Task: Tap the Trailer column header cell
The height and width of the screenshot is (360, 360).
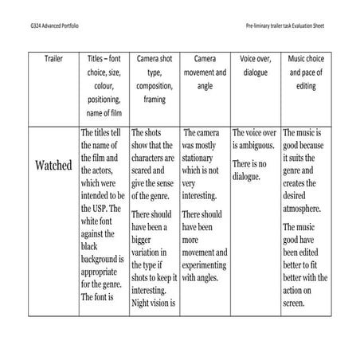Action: [x=53, y=58]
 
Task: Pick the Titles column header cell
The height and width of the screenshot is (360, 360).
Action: [x=104, y=85]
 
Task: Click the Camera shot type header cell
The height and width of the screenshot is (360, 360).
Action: [x=155, y=79]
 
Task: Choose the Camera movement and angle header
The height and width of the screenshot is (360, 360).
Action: [x=205, y=72]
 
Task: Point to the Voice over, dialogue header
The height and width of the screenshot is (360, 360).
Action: [x=254, y=65]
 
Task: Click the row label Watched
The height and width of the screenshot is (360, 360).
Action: [x=54, y=166]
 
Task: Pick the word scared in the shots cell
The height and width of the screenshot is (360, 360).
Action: [x=145, y=170]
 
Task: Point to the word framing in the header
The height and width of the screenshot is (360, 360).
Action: [x=155, y=100]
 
